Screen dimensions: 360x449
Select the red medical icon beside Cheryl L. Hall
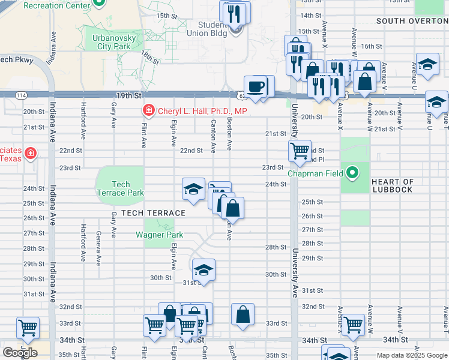(x=148, y=110)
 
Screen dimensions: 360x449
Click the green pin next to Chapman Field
(x=353, y=174)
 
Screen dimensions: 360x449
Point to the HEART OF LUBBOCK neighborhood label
(x=393, y=185)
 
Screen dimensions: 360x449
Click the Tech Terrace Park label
(x=120, y=188)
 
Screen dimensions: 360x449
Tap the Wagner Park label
(x=159, y=235)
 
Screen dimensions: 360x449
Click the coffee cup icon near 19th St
(x=256, y=86)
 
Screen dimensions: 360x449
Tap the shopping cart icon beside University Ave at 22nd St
(x=299, y=150)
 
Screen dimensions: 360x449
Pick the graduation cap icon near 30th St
(x=203, y=269)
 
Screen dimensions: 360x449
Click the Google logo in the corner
(x=20, y=352)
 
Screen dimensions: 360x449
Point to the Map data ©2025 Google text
(x=411, y=355)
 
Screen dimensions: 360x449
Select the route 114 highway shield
(x=21, y=95)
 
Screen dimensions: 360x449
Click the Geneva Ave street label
(x=98, y=248)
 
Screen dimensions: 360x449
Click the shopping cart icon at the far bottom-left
(x=28, y=328)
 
